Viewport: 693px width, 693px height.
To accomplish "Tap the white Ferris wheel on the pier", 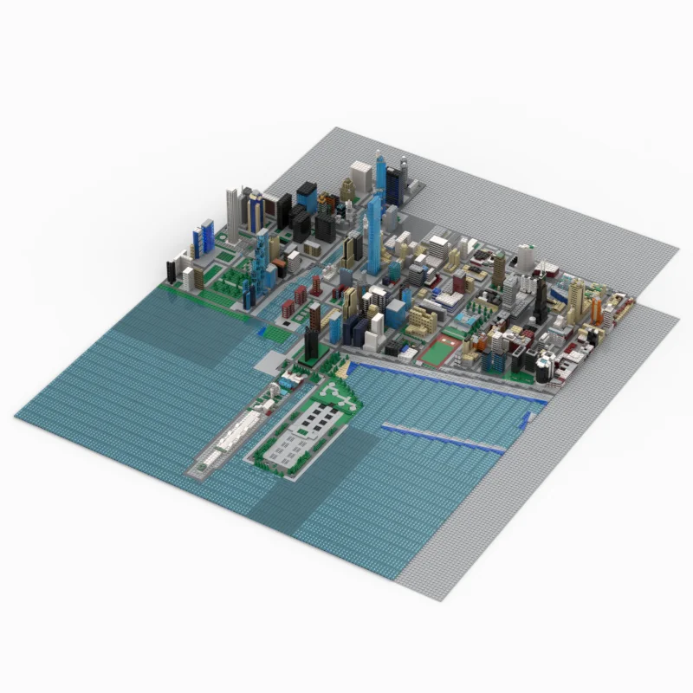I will pyautogui.click(x=275, y=392).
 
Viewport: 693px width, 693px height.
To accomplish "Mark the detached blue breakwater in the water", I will pyautogui.click(x=443, y=438).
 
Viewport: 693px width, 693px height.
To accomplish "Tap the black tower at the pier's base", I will pyautogui.click(x=312, y=329).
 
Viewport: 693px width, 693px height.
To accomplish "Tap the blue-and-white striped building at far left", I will pyautogui.click(x=205, y=237).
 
